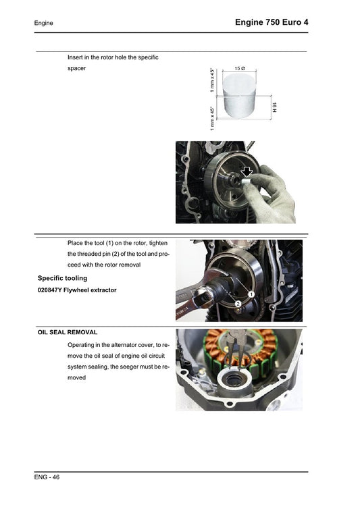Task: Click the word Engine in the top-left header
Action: point(44,23)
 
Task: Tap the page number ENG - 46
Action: point(47,477)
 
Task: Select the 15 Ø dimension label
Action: point(240,70)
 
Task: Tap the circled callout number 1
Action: point(250,294)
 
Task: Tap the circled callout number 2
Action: point(238,304)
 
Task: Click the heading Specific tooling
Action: point(62,277)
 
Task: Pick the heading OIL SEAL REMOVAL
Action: point(68,332)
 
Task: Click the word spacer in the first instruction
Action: point(77,69)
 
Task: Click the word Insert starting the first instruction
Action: point(76,57)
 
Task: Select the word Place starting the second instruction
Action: point(77,242)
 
